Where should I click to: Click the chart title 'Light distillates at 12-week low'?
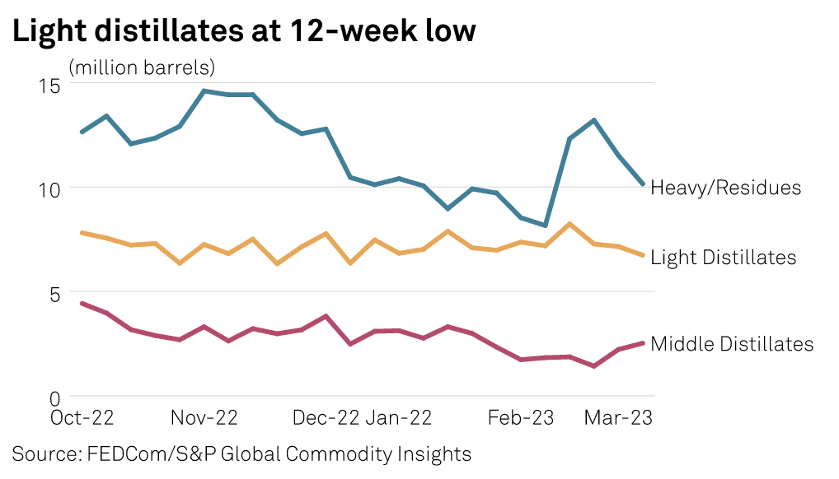point(243,31)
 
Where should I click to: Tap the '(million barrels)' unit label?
point(142,67)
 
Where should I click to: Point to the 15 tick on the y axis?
point(50,84)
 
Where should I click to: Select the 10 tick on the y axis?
point(50,188)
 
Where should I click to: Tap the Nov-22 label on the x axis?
point(204,418)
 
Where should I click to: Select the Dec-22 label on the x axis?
point(326,418)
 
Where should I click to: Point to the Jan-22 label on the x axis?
point(399,418)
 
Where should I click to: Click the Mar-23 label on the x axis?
point(618,418)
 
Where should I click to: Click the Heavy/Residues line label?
point(725,188)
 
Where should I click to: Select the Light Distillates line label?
point(724,258)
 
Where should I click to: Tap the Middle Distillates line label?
point(732,344)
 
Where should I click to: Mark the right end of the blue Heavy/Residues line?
point(643,184)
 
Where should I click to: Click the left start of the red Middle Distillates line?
point(81,304)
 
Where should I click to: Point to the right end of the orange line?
point(643,255)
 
